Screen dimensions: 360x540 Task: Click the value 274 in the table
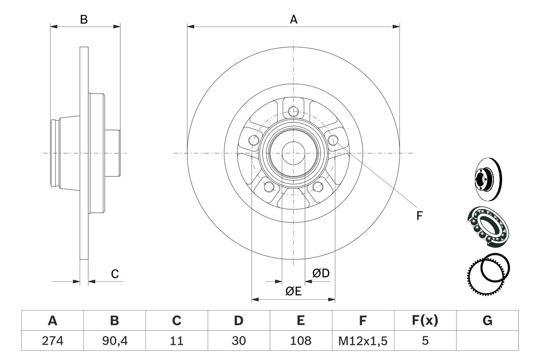53,341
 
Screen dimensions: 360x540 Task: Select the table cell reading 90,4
114,341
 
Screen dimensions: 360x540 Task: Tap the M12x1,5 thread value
363,341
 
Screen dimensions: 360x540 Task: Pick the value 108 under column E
301,341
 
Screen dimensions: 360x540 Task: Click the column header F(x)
425,321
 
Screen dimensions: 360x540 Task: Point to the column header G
487,321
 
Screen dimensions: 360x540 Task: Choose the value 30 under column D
239,341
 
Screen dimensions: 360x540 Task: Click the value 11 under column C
177,341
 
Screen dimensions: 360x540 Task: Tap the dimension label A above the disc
294,19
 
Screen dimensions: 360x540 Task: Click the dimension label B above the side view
84,19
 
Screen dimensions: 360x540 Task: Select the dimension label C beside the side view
115,274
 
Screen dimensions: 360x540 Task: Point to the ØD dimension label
321,273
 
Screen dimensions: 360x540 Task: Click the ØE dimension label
293,291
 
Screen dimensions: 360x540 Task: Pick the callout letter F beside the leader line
419,216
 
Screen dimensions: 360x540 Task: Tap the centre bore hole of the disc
293,153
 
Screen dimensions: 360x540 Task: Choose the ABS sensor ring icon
489,271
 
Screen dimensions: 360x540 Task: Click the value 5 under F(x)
425,341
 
